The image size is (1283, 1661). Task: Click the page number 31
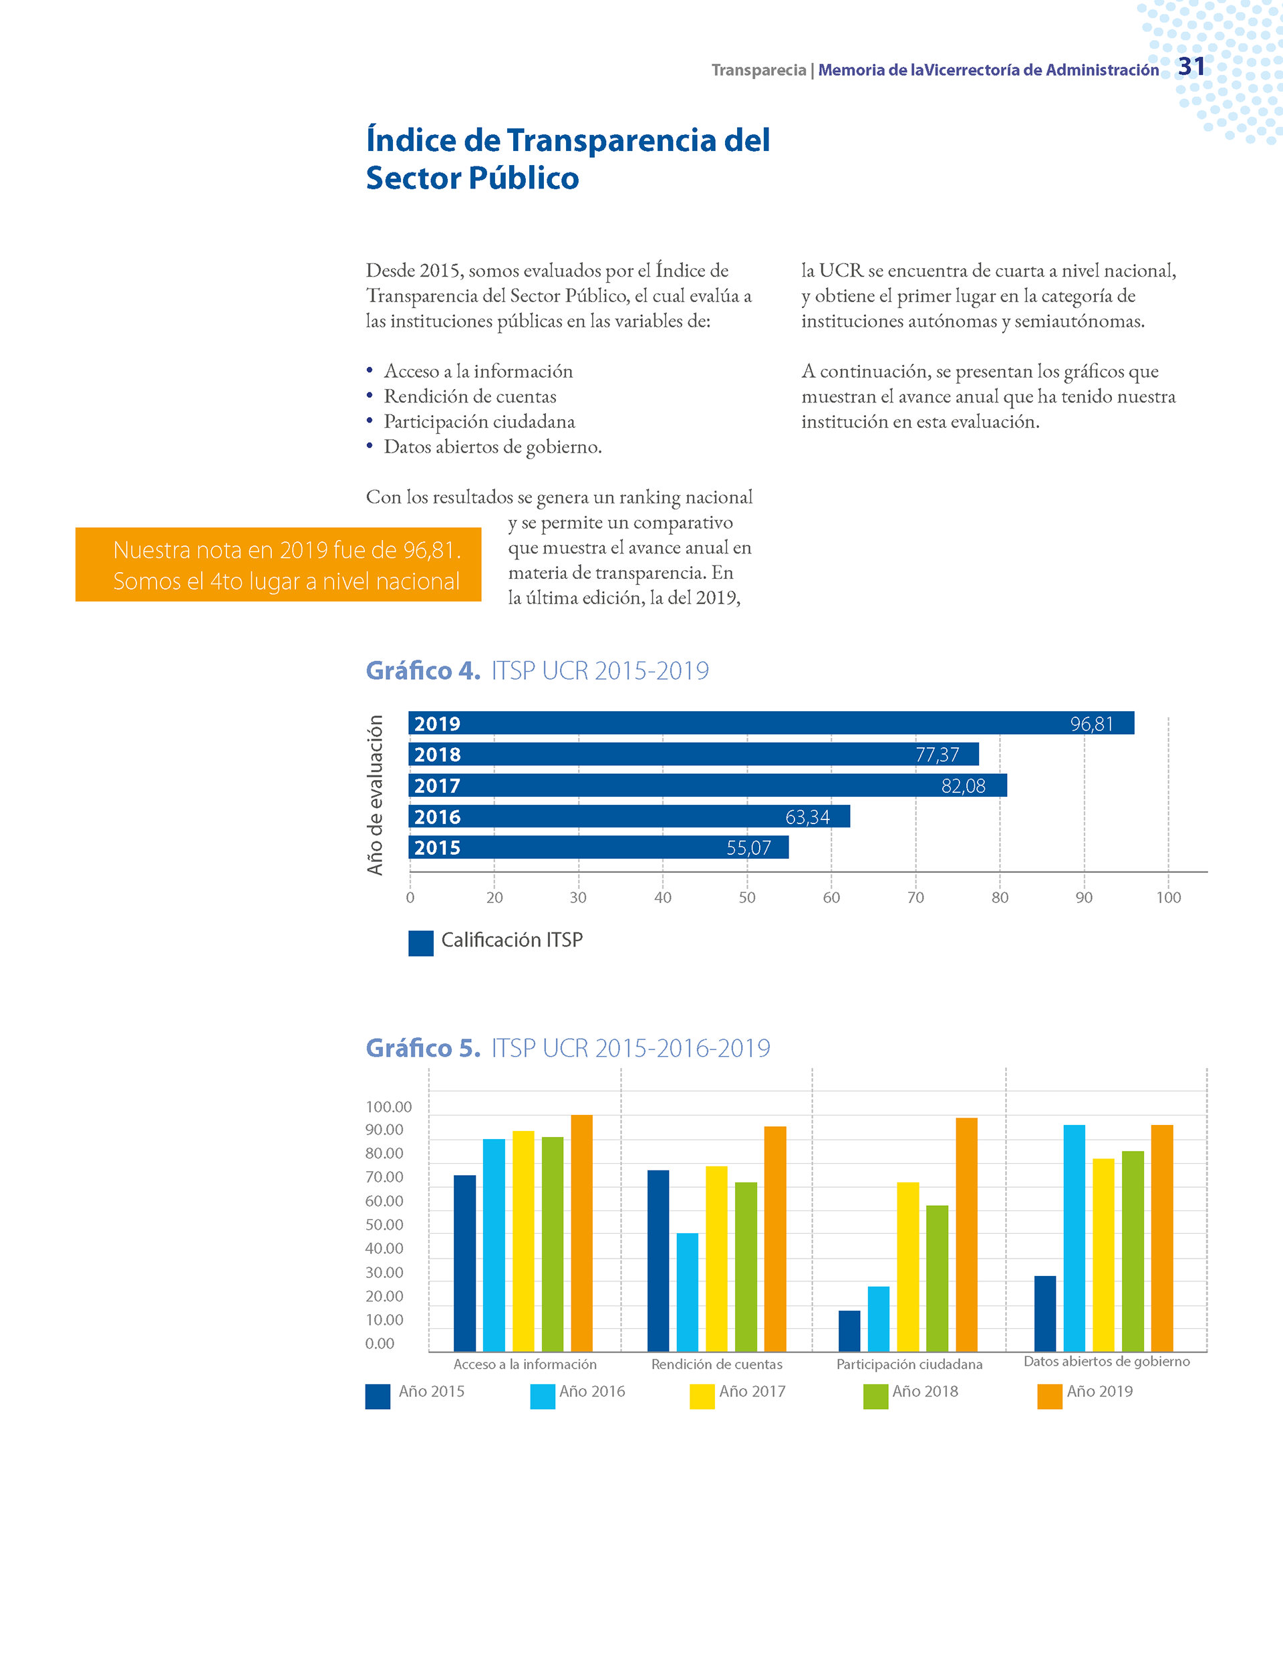coord(1191,67)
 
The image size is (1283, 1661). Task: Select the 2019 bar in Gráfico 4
coord(771,723)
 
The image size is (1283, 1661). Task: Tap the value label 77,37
coord(937,755)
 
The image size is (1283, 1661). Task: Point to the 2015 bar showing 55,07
coord(599,848)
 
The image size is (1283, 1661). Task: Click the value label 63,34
coord(807,817)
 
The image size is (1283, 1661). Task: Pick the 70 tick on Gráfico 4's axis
coord(915,898)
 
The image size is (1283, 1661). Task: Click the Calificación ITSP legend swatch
coord(420,943)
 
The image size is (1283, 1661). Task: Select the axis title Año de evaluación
coord(375,795)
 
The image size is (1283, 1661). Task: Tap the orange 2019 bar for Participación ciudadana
coord(967,1235)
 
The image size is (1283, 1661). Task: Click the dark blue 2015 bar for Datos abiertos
coord(1045,1313)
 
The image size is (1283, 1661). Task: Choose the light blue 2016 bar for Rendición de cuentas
coord(688,1292)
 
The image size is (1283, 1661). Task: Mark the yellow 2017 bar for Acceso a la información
coord(523,1241)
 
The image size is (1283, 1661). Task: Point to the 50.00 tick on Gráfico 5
coord(384,1225)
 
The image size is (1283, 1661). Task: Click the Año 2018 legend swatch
coord(876,1396)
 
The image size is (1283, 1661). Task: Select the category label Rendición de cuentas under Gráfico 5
coord(716,1364)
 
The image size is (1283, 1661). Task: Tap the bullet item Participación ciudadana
coord(479,421)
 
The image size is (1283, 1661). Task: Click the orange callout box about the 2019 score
coord(279,564)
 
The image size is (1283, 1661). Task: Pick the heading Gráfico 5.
coord(424,1048)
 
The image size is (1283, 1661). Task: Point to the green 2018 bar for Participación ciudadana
coord(938,1279)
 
